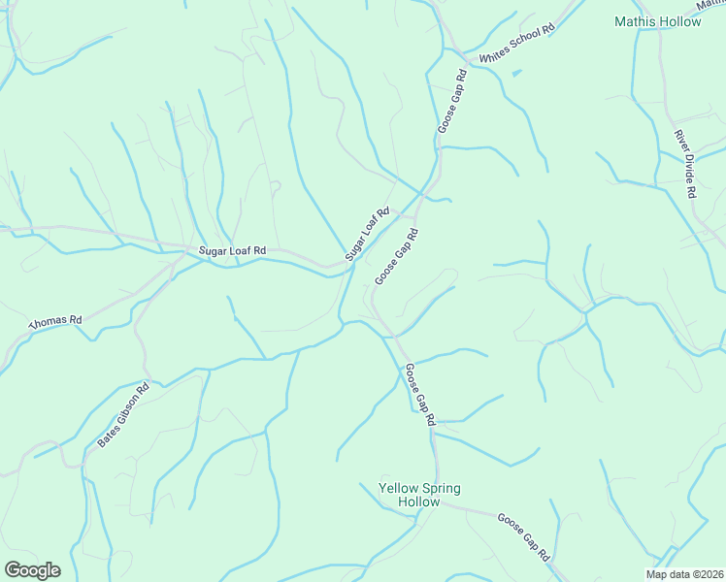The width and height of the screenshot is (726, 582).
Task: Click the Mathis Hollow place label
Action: click(x=657, y=21)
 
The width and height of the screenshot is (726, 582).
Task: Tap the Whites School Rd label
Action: click(x=515, y=44)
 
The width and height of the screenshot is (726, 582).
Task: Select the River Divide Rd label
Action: click(x=686, y=165)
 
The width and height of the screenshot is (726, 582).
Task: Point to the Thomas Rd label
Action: click(x=56, y=320)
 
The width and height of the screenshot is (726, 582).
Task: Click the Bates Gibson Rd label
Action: click(x=123, y=415)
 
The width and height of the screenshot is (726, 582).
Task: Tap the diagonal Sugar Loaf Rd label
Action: click(x=367, y=234)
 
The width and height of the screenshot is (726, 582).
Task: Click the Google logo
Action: click(x=32, y=569)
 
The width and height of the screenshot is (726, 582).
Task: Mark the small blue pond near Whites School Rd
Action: click(x=516, y=72)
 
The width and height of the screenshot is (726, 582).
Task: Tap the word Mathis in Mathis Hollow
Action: click(x=637, y=21)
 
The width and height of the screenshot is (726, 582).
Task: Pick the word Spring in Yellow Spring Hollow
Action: click(x=441, y=488)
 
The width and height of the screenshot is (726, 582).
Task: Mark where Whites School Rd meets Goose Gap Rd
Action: click(x=467, y=66)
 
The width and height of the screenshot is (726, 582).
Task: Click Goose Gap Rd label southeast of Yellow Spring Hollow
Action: click(x=524, y=537)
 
